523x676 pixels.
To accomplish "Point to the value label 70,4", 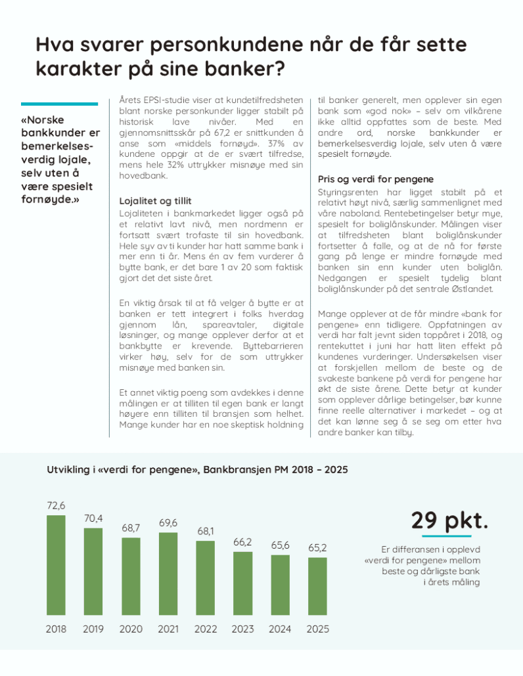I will (93, 518).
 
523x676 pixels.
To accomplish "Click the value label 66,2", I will (243, 542).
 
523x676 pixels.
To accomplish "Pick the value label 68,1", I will (206, 531).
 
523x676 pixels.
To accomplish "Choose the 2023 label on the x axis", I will (243, 629).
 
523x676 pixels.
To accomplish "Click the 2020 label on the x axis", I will (131, 629).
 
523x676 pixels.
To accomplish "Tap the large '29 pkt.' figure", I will (450, 520).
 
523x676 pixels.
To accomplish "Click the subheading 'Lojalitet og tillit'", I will (155, 201).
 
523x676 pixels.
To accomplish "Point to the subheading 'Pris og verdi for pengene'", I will (375, 179).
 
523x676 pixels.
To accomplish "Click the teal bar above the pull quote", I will (59, 104).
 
